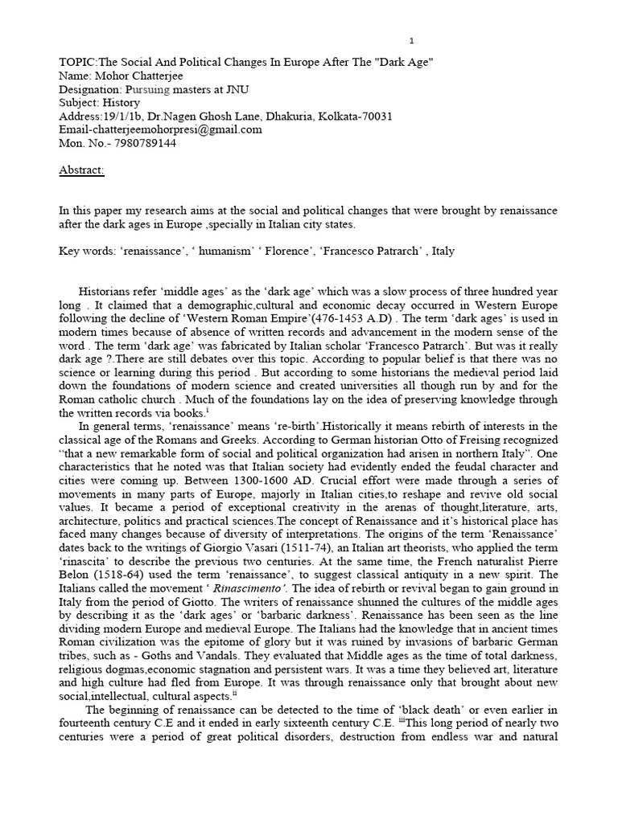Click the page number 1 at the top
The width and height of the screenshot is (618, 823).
click(x=413, y=41)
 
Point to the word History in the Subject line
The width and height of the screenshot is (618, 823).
click(x=121, y=104)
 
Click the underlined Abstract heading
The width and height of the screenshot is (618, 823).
click(x=81, y=170)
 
